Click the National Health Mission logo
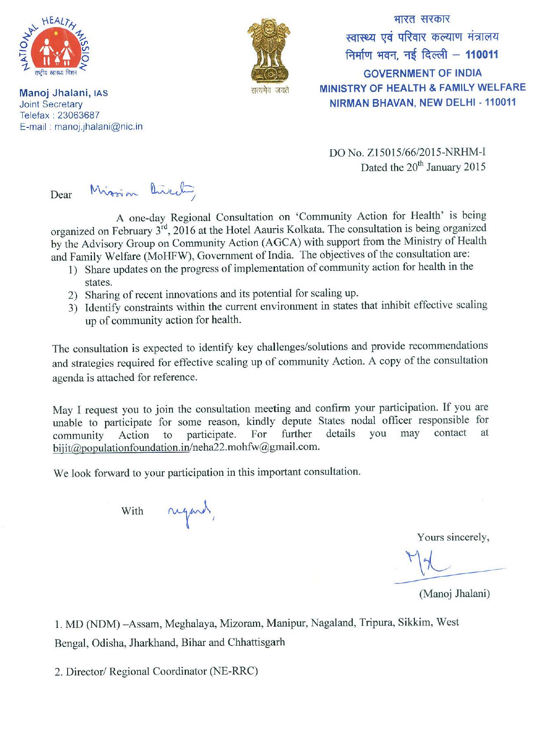point(55,47)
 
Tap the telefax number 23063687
point(78,115)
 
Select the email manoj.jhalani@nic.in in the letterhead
point(99,127)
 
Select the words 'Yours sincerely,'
point(453,538)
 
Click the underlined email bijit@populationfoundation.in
point(121,448)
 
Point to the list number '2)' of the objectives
point(73,295)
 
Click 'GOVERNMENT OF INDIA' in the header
point(423,73)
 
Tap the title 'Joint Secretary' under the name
point(51,105)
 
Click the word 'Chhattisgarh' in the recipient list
point(256,642)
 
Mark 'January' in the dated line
point(444,167)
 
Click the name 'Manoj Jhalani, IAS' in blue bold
point(63,93)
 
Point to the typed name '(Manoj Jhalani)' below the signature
point(454,594)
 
